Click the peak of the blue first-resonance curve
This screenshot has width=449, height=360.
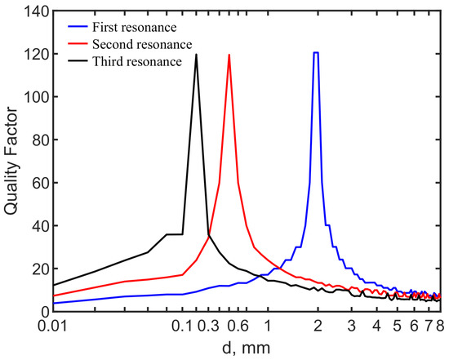[316, 53]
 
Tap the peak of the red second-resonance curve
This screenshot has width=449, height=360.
[229, 56]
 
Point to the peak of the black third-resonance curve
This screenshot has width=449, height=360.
[196, 56]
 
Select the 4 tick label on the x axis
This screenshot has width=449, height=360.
[376, 326]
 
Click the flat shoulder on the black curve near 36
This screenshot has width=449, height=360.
[174, 234]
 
